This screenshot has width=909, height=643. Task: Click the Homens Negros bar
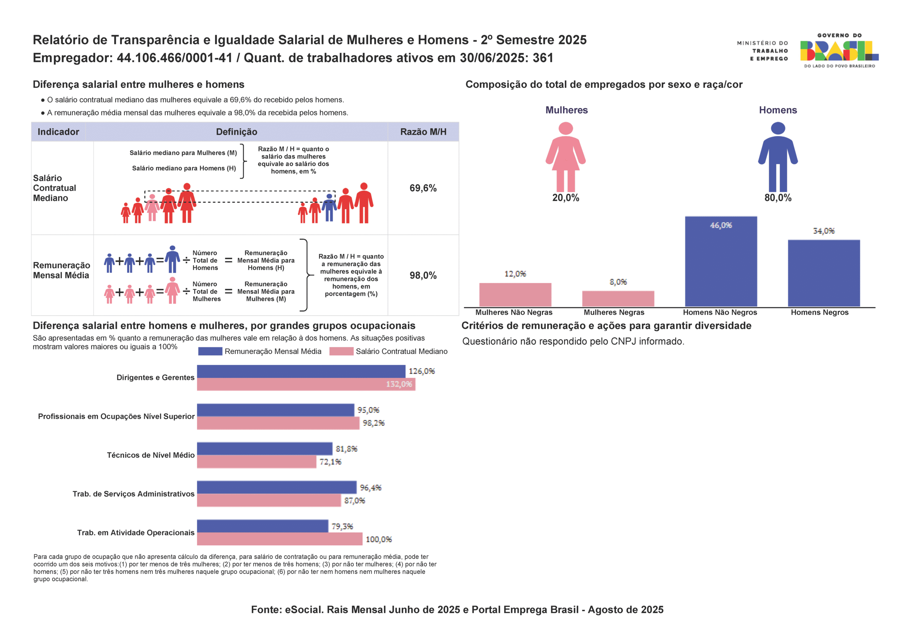[x=823, y=273]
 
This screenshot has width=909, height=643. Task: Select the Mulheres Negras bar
[x=617, y=299]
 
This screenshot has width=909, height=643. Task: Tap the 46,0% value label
[x=721, y=225]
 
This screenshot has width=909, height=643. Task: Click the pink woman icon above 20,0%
[x=565, y=156]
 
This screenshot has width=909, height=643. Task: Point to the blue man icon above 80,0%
[x=778, y=156]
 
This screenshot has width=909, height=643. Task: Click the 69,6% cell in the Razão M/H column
[x=423, y=188]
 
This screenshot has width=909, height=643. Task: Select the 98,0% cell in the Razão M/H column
[x=423, y=276]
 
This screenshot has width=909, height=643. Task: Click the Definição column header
[x=236, y=132]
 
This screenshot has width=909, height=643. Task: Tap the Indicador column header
[x=58, y=132]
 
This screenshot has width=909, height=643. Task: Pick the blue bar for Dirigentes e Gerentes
[x=301, y=371]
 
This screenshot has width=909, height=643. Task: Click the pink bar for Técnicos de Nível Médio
[x=257, y=462]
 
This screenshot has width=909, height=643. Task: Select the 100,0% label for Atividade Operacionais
[x=379, y=539]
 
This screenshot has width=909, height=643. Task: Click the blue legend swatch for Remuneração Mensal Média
[x=210, y=351]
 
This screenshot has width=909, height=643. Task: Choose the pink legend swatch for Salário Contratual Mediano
[x=341, y=351]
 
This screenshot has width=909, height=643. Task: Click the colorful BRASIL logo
[x=839, y=51]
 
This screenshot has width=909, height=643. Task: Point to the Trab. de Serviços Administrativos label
[x=134, y=494]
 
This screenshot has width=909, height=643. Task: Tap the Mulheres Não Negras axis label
[x=513, y=312]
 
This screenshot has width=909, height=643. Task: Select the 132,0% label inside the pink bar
[x=399, y=384]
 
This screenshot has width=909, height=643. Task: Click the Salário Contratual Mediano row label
[x=54, y=188]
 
